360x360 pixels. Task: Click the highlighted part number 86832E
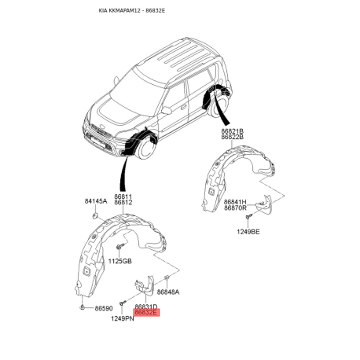[x=146, y=313]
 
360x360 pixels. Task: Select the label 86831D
[x=146, y=307]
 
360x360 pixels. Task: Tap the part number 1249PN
[x=123, y=318]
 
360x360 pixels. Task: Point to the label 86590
[x=104, y=308]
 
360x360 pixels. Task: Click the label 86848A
[x=168, y=292]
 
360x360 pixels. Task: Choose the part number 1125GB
[x=120, y=261]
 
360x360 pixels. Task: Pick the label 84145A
[x=96, y=201]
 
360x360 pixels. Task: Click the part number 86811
[x=123, y=197]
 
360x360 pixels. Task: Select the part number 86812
[x=123, y=202]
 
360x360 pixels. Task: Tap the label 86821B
[x=233, y=131]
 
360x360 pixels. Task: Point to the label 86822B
[x=233, y=137]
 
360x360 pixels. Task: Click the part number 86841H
[x=235, y=202]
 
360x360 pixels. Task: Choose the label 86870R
[x=235, y=208]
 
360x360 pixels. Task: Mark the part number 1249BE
[x=248, y=232]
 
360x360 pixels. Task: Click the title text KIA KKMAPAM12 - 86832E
[x=132, y=11]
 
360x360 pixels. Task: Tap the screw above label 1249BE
[x=248, y=216]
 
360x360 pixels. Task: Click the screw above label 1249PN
[x=123, y=303]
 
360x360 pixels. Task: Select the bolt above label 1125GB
[x=120, y=246]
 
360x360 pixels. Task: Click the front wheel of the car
[x=146, y=149]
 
